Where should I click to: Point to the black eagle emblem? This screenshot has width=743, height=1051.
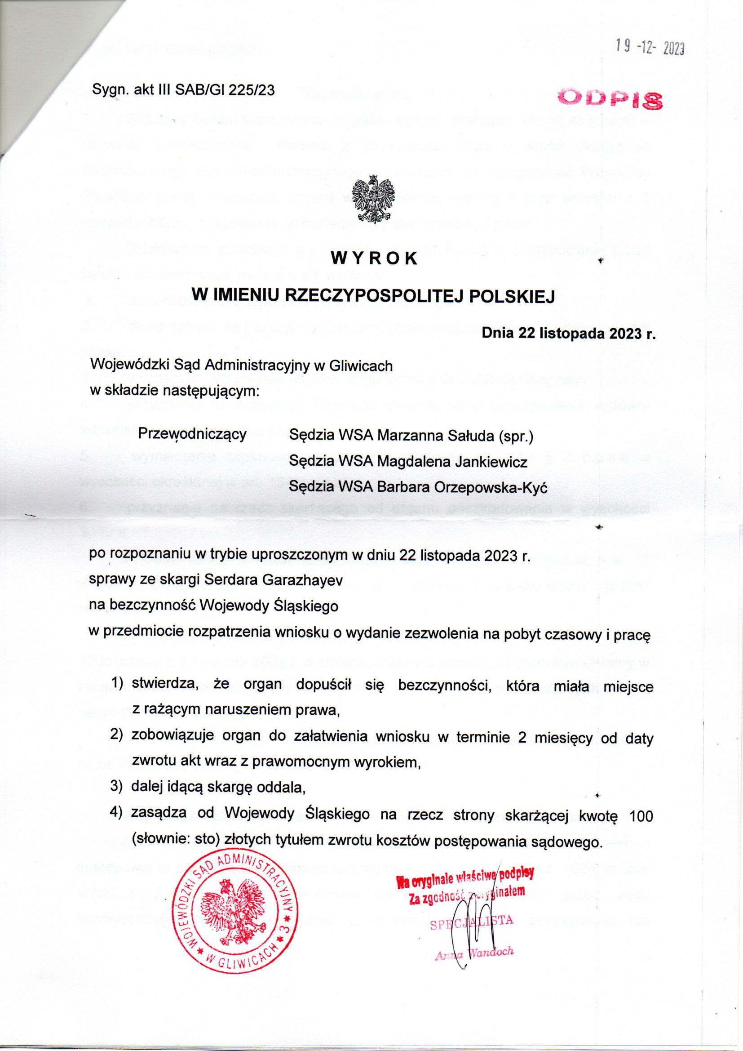click(374, 200)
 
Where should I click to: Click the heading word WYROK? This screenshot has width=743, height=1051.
click(374, 258)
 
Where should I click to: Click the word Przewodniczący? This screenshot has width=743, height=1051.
click(192, 433)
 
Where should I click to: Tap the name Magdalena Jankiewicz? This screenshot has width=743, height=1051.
click(451, 462)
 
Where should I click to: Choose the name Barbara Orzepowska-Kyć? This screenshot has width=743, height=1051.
click(461, 488)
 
